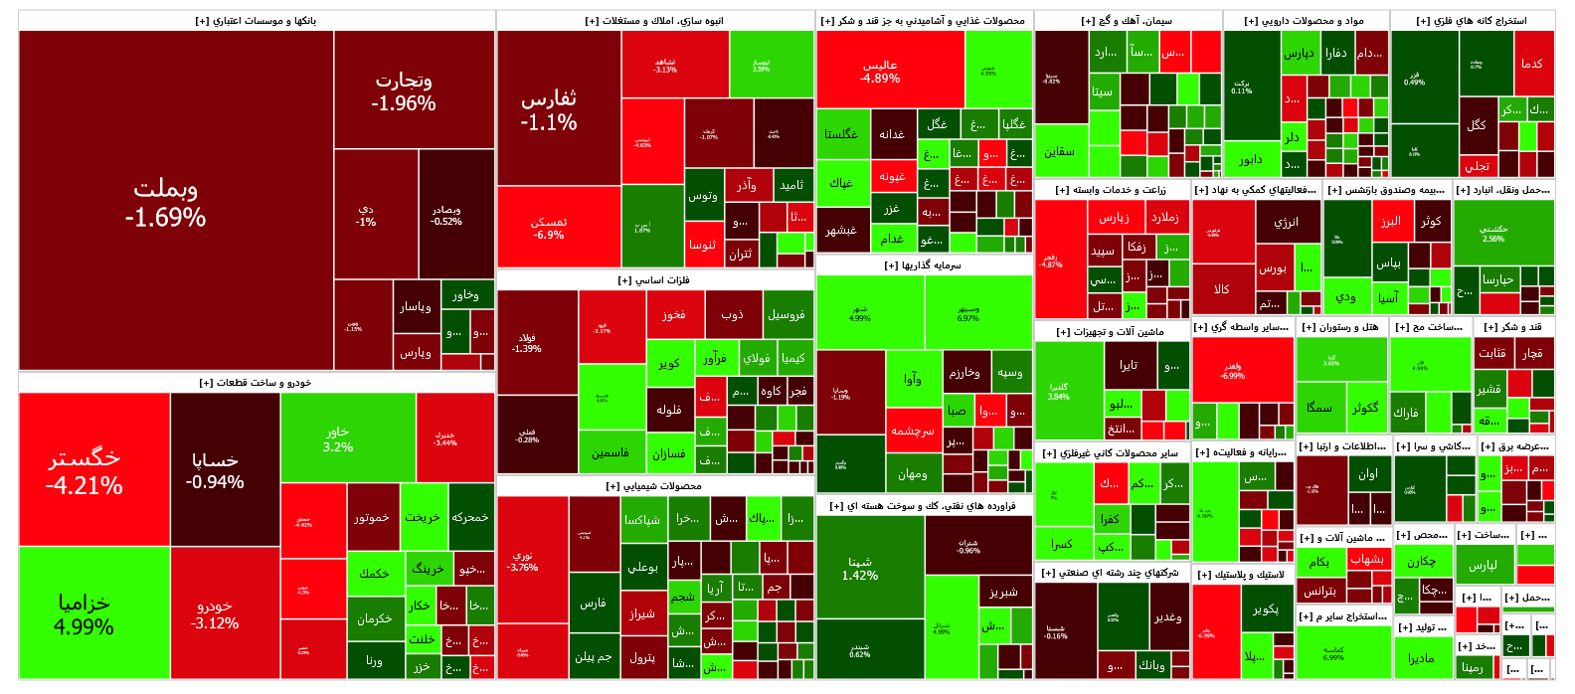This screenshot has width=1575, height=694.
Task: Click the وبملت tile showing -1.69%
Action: point(166,202)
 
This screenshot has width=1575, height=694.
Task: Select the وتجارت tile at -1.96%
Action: point(403,90)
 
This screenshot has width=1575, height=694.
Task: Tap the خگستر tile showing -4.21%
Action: point(85,470)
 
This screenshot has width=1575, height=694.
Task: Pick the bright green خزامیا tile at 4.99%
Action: point(85,613)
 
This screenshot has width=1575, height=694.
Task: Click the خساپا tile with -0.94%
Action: point(215,470)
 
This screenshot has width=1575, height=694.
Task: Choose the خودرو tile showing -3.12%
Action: point(215,613)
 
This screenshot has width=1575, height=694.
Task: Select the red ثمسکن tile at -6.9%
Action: point(549,229)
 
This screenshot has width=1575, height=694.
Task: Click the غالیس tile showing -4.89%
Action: point(880,71)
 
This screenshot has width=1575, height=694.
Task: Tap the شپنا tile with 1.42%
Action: point(860,568)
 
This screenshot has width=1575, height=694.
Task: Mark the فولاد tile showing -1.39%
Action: point(527,343)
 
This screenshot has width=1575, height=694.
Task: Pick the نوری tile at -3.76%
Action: point(522,561)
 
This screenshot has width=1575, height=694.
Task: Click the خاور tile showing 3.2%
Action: point(338,439)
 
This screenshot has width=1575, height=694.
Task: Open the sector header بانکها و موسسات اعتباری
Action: point(256,21)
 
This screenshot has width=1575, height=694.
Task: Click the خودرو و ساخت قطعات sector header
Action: point(256,383)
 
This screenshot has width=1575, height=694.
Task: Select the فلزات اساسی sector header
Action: point(654,280)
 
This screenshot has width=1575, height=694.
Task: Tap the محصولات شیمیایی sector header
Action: point(654,486)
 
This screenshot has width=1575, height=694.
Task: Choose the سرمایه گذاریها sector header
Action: point(923,265)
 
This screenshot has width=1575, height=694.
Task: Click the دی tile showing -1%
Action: point(366,216)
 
